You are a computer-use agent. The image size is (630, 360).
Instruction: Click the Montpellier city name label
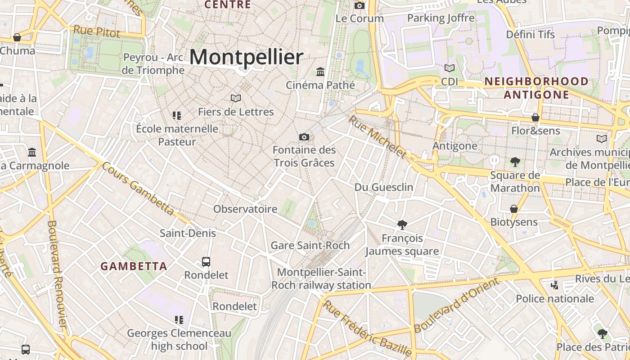coord(246,57)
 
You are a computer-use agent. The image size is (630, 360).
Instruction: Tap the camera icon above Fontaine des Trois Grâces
coord(304,137)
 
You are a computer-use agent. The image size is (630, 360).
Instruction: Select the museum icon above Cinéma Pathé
coord(320,72)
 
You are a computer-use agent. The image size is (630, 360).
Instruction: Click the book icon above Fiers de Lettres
coord(236,98)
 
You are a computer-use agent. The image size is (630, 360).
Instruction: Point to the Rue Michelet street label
coord(378,137)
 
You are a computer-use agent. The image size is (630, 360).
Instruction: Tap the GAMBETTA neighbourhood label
coord(134,266)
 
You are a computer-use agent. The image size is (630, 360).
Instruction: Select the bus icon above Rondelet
coord(206,261)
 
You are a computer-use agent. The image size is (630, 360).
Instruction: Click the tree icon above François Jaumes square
coord(402,225)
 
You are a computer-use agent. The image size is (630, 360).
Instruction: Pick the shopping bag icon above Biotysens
coord(514,209)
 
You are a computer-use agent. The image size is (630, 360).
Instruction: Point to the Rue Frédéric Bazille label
coord(368,328)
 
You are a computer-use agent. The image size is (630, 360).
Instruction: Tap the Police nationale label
coord(555,299)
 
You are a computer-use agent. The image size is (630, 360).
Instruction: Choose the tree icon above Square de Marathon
coord(515,162)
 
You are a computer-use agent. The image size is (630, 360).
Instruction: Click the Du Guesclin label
coord(384,187)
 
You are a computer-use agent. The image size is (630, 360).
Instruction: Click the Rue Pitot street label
coord(97,31)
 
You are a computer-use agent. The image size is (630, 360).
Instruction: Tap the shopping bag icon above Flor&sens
coord(535,117)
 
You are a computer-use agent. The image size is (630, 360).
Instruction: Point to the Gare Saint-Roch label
coord(310,245)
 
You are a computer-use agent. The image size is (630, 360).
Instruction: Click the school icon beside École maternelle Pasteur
coord(177,116)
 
